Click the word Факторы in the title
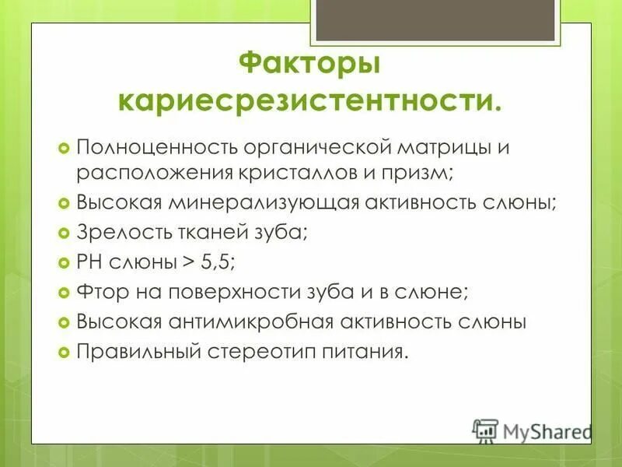click(309, 63)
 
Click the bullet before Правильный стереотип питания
click(65, 352)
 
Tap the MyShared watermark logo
click(533, 430)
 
